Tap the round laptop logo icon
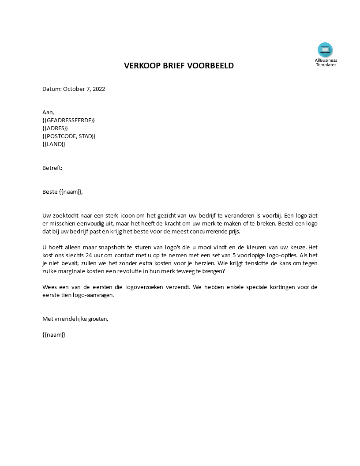coord(325,50)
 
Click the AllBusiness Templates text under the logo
coord(326,62)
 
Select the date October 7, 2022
coord(84,89)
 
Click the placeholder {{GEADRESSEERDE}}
coord(68,120)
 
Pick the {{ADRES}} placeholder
coord(55,128)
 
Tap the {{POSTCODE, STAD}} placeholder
coord(69,136)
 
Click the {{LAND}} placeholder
coord(54,144)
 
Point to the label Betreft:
coord(52,168)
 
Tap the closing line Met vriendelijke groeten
coord(75,319)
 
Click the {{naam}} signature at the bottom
coord(54,334)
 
